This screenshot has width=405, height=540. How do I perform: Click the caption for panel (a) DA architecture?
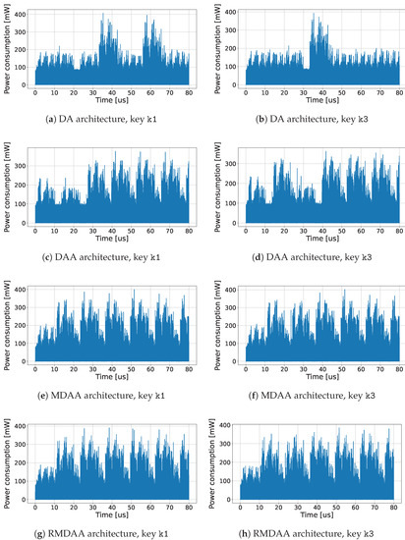point(106,121)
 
